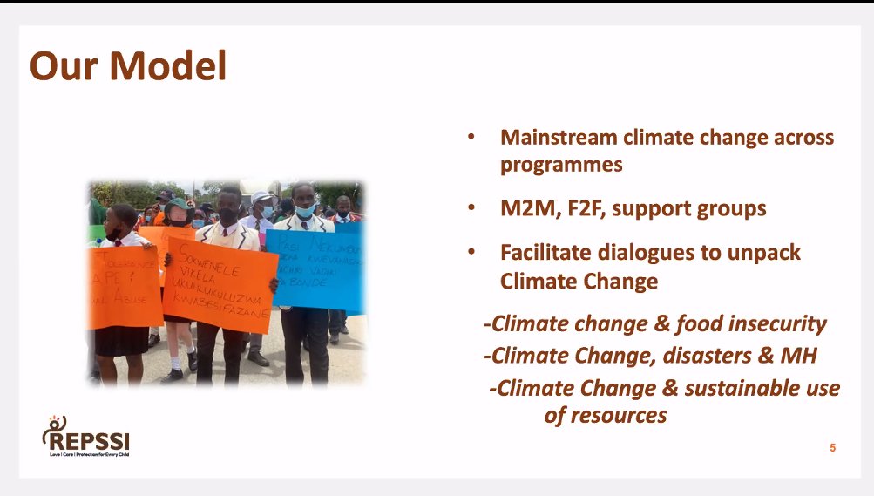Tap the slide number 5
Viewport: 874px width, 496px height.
click(832, 447)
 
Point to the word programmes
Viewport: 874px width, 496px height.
click(561, 165)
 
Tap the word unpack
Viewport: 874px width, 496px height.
click(767, 253)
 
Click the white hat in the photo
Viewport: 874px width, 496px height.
click(261, 197)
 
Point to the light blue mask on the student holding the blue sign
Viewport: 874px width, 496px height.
click(304, 210)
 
